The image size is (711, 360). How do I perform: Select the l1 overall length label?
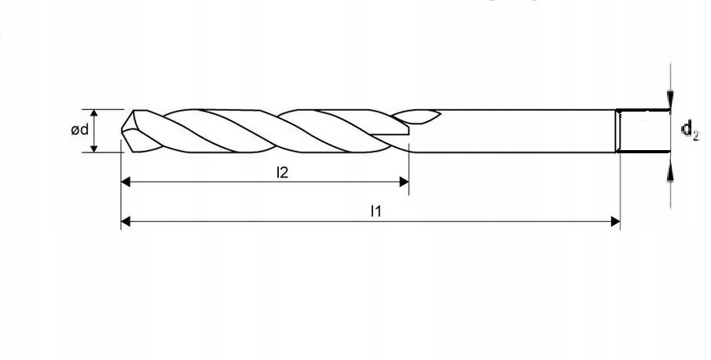coord(375,211)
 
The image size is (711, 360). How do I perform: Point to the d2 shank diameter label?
coord(689,130)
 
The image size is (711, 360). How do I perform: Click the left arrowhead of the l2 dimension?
coord(126,183)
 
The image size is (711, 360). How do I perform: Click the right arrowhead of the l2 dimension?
coord(405,183)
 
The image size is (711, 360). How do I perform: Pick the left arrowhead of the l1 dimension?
coord(126,222)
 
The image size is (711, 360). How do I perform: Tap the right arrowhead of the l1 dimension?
coord(615,222)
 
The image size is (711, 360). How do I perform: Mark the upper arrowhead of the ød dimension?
coord(95,113)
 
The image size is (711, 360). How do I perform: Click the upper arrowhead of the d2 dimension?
coord(669,101)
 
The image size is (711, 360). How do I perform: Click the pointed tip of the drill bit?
coord(123,130)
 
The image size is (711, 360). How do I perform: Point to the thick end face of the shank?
coord(617,130)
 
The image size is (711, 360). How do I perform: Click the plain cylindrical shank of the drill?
coord(519,130)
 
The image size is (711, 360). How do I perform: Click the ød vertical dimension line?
coord(95,130)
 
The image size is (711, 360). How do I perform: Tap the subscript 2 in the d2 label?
coord(695,136)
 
